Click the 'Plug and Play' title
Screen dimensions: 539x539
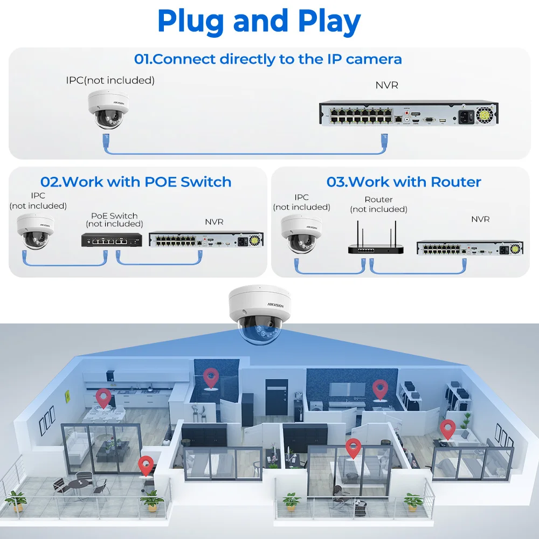259,22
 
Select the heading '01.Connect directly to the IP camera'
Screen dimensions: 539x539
268,59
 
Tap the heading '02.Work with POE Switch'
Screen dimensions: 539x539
136,182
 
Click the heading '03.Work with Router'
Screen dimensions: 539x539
404,182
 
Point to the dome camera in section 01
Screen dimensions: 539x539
108,109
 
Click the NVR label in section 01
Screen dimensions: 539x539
386,85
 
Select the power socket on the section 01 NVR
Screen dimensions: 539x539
466,116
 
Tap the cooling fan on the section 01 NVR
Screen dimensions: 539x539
485,115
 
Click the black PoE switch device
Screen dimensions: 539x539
112,240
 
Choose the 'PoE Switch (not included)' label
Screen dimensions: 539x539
114,220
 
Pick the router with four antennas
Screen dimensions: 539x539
375,239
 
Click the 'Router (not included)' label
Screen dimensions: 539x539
378,204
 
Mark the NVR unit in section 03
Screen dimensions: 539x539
470,247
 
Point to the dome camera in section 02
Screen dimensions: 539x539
36,231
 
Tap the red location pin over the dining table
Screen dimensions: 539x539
103,398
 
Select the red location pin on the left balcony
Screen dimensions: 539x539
146,466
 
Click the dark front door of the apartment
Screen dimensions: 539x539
277,398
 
